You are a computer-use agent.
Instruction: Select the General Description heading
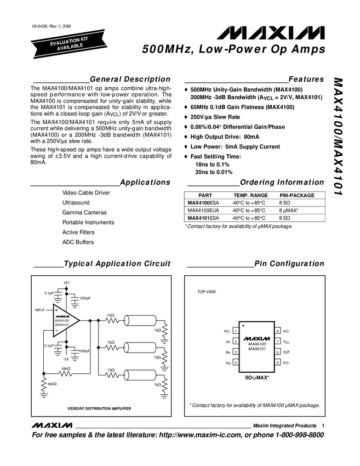[130, 79]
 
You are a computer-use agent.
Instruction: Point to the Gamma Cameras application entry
[84, 212]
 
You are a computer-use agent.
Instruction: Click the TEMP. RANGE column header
[250, 195]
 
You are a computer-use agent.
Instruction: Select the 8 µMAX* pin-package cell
[289, 210]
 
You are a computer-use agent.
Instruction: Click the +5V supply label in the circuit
[66, 282]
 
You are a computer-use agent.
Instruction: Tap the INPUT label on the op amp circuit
[40, 310]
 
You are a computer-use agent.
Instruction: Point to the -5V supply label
[66, 359]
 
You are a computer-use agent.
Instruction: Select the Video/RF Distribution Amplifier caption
[99, 408]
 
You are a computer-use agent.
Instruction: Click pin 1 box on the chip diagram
[235, 331]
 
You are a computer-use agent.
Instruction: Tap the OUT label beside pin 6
[287, 352]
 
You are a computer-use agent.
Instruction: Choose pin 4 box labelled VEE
[235, 362]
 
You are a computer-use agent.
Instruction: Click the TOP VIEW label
[207, 292]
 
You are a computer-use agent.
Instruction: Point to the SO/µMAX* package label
[256, 378]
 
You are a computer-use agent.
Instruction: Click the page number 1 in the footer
[323, 425]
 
